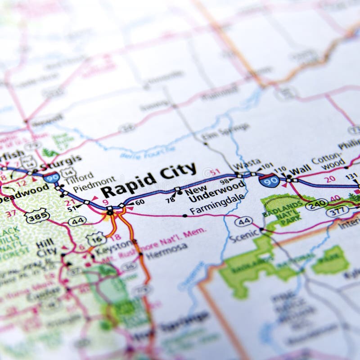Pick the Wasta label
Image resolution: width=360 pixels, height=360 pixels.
[x=247, y=162]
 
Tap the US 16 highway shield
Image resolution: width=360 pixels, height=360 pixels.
[x=96, y=239]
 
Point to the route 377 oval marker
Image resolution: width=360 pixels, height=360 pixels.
[x=337, y=211]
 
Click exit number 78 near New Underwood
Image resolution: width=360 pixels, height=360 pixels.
[x=170, y=199]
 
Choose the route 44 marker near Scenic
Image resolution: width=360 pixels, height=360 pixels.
[x=243, y=221]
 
